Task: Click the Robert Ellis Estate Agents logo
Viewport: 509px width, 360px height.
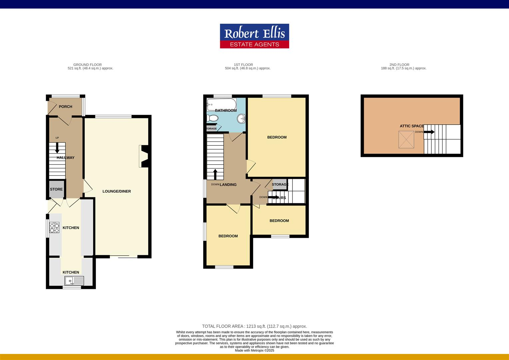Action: point(254,36)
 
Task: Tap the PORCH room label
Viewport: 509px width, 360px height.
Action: point(65,107)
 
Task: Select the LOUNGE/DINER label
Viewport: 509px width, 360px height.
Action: point(117,191)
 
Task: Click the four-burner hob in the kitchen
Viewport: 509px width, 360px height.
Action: point(54,227)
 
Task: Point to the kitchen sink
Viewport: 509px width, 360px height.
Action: point(74,281)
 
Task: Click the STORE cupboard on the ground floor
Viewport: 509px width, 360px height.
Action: point(56,189)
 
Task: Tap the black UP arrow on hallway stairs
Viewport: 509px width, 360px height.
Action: point(57,148)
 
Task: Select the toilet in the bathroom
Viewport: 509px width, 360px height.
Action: point(212,118)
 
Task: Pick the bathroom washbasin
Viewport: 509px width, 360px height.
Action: point(241,118)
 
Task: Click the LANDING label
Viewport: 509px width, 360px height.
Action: point(228,185)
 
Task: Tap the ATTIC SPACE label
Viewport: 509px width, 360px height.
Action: point(412,126)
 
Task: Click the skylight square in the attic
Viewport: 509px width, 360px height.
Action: point(406,139)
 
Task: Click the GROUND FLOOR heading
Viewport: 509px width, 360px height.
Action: point(87,65)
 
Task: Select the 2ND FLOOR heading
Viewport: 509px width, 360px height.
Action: point(399,65)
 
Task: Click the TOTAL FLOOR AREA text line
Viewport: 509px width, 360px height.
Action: point(254,326)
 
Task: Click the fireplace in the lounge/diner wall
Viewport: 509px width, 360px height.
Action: point(143,156)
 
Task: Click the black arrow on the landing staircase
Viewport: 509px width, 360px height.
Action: point(215,174)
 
